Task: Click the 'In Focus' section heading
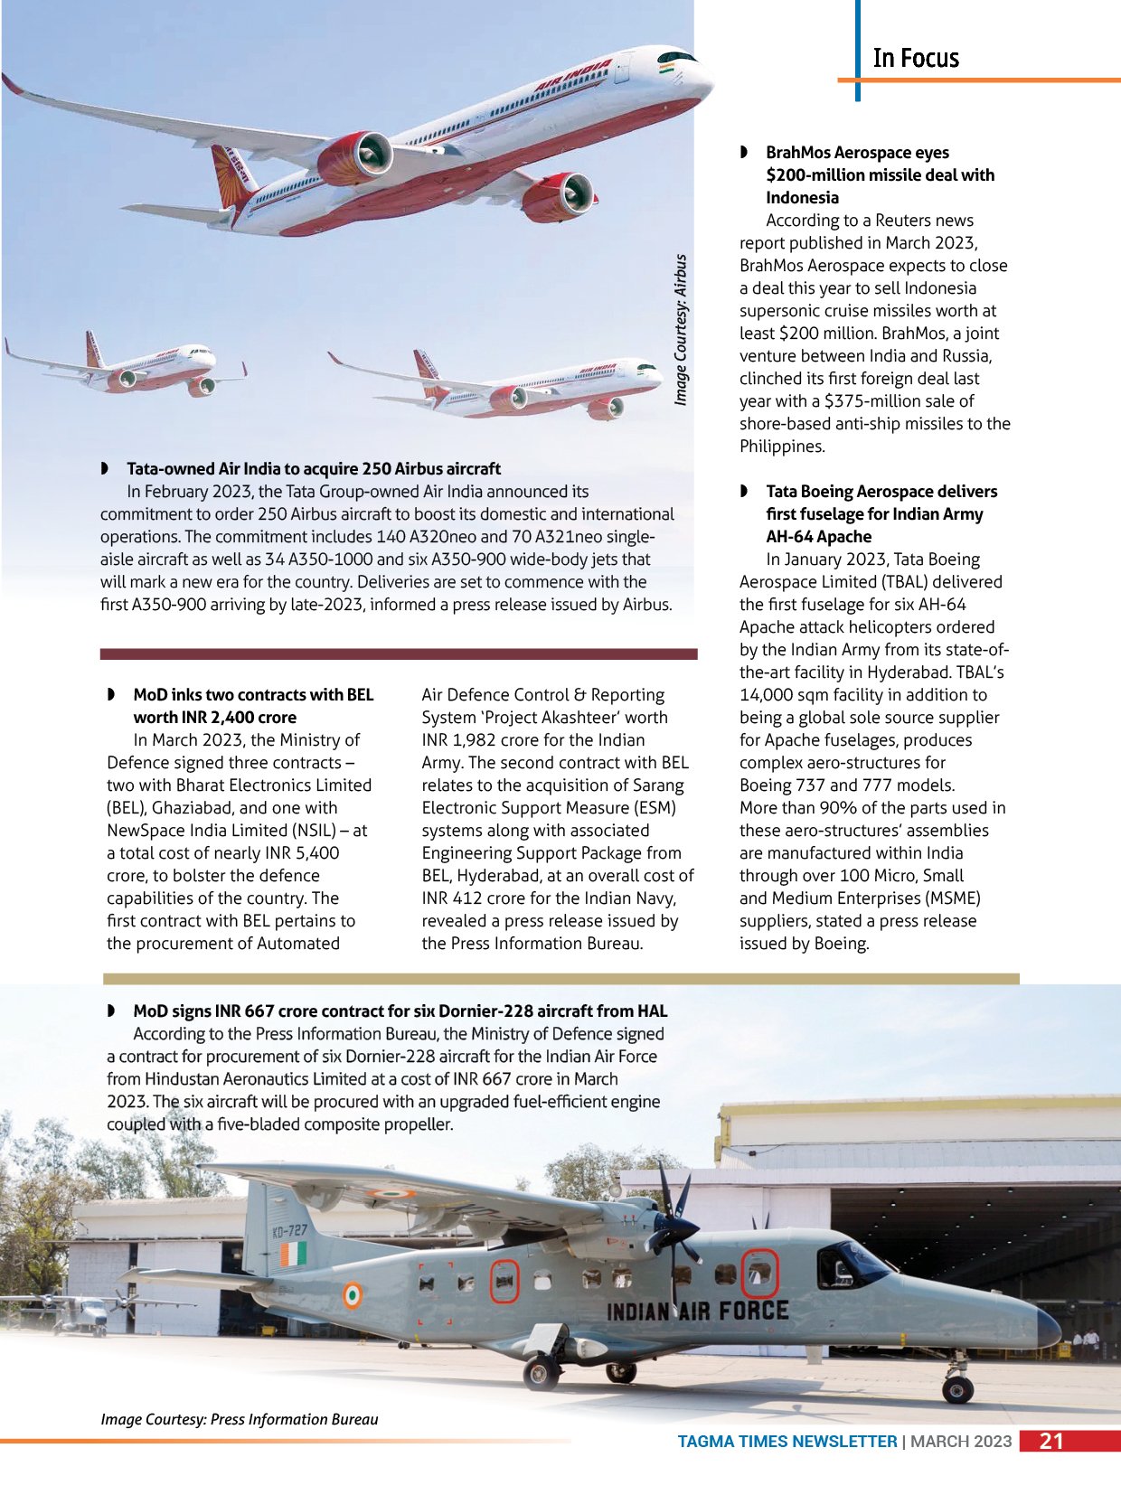pos(915,59)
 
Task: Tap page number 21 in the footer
pos(1051,1441)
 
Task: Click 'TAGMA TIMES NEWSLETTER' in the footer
pos(787,1442)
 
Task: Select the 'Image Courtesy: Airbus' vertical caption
pos(681,330)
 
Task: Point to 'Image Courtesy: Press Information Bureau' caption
pos(240,1419)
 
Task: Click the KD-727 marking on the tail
pos(289,1230)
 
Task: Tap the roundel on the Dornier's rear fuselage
pos(353,1295)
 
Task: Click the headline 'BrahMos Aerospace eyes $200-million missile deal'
pos(879,174)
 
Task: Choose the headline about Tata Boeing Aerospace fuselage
pos(881,513)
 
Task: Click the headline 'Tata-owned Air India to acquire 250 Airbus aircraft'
pos(313,468)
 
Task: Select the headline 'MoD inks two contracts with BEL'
pos(252,705)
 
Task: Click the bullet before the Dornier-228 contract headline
pos(111,1011)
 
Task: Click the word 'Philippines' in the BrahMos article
pos(781,446)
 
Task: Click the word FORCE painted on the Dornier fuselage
pos(754,1310)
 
